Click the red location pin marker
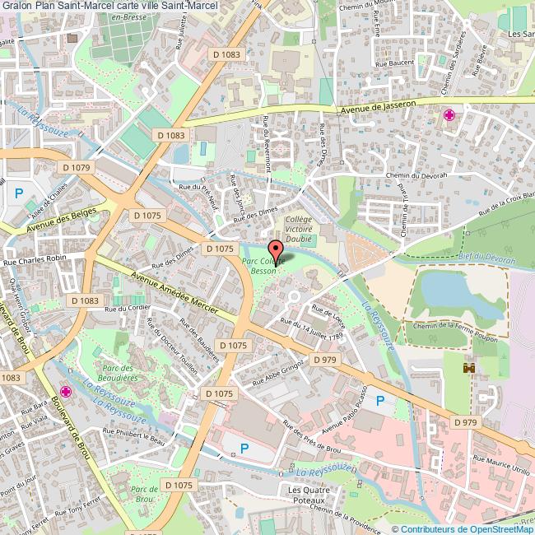point(276,249)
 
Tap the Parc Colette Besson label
point(263,264)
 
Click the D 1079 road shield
point(78,167)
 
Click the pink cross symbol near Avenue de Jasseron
point(449,115)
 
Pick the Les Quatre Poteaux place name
point(307,495)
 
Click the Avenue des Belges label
point(61,220)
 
